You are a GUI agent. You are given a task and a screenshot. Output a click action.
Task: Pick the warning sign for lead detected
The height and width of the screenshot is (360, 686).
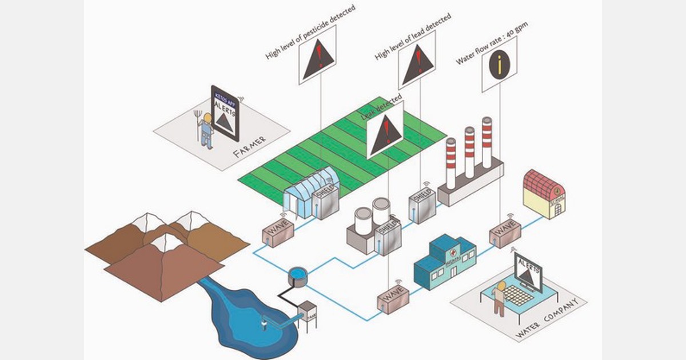(x=417, y=60)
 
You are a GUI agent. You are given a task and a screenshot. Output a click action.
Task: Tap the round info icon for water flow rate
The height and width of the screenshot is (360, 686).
(x=499, y=64)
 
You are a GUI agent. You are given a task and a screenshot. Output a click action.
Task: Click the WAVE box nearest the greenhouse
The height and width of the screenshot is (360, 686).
(x=278, y=234)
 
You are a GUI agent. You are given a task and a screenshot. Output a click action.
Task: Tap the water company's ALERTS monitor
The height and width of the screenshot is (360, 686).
(x=529, y=273)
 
